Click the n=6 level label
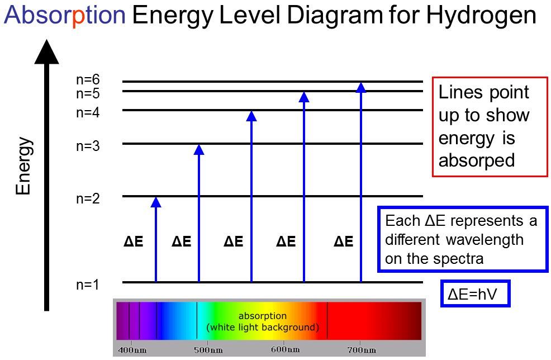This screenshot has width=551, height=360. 88,79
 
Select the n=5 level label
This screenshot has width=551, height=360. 88,94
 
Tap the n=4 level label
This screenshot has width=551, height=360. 88,112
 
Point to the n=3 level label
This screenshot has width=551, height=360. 88,146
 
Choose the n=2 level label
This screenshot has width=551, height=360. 88,198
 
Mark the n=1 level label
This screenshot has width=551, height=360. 88,285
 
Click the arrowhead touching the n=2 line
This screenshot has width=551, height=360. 156,202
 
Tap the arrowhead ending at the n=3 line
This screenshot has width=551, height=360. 199,149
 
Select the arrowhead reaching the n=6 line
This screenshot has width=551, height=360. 361,88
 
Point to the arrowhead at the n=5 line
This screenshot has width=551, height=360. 304,97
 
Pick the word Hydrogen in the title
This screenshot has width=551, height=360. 481,16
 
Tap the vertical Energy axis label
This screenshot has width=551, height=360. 24,166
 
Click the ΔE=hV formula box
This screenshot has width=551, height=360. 475,293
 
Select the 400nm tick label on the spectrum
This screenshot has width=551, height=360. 132,350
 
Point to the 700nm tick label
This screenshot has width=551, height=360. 362,350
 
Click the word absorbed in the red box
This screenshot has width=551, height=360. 477,160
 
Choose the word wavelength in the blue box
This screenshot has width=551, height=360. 485,240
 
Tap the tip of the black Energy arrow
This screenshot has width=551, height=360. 47,39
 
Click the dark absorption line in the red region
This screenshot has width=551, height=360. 327,320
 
